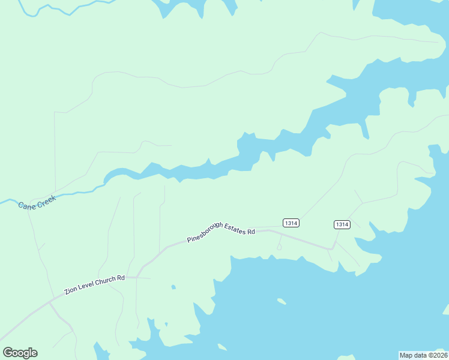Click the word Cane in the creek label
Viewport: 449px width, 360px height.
coord(27,205)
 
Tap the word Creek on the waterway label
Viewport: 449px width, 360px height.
coord(46,200)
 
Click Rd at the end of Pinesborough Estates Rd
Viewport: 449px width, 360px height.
coord(252,231)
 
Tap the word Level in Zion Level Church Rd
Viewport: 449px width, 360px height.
coord(88,284)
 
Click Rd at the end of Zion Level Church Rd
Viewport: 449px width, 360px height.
coord(121,277)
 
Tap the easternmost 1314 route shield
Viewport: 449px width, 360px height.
coord(342,224)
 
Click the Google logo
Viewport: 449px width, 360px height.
coord(20,353)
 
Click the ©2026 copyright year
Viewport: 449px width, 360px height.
coord(436,355)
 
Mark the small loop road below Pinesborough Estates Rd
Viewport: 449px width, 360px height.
coord(279,246)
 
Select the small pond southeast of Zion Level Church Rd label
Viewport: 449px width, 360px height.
coord(173,287)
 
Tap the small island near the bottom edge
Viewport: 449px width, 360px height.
coord(222,347)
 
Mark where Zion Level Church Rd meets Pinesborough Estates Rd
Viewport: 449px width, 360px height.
coord(137,277)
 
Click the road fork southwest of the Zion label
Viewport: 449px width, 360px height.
coord(49,303)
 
